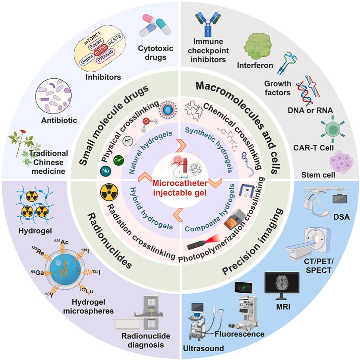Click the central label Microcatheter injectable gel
(180, 187)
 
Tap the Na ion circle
(105, 172)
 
